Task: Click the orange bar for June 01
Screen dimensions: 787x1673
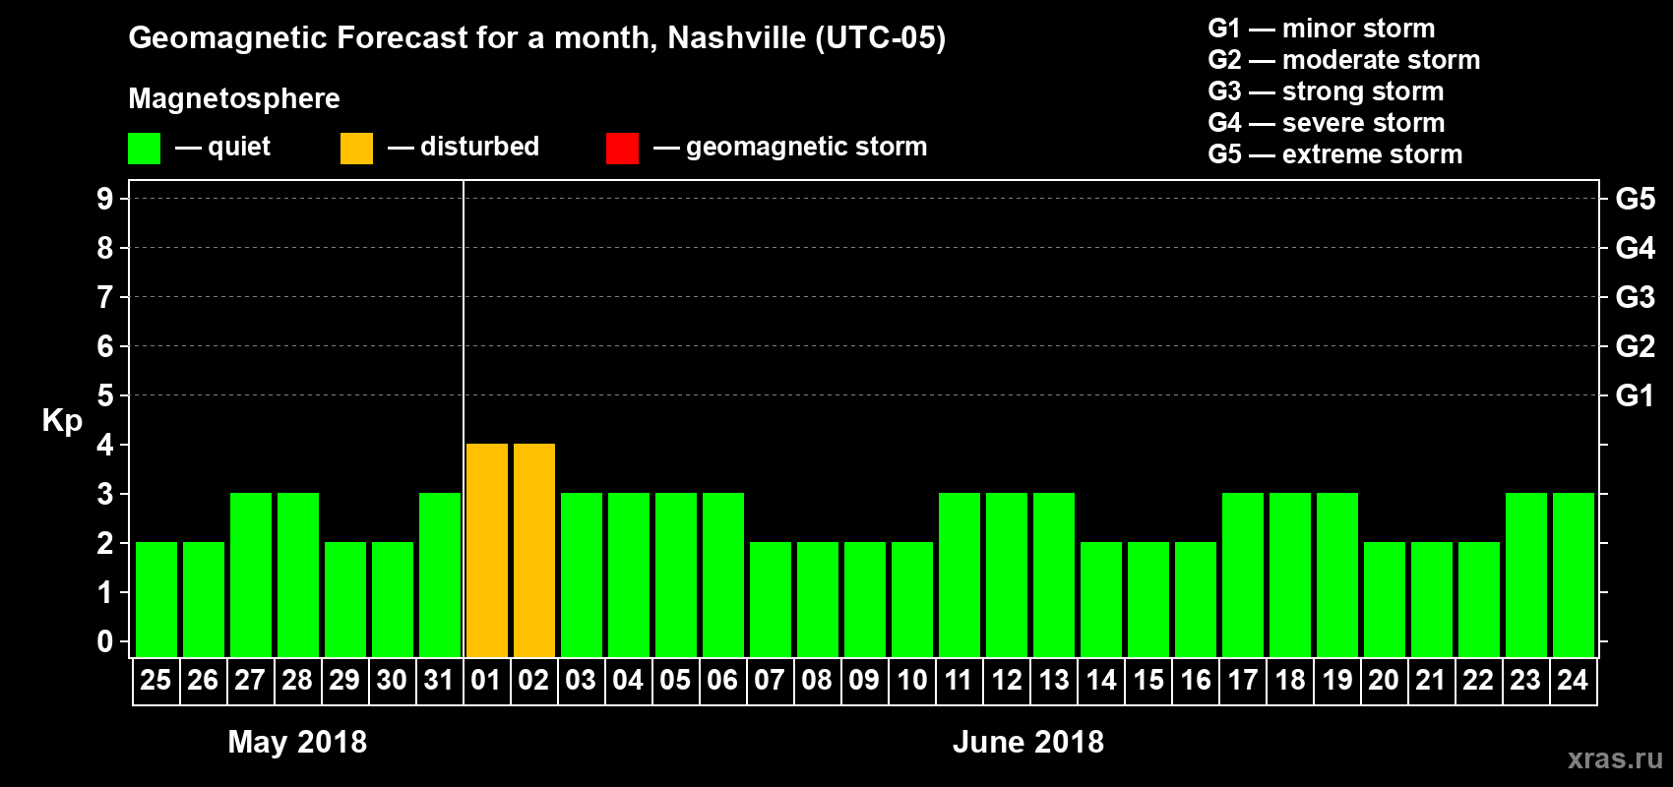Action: point(487,550)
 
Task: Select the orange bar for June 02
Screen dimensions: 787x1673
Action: point(534,550)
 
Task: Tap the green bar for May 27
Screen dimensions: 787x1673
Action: point(251,575)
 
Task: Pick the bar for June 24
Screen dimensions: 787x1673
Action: point(1574,575)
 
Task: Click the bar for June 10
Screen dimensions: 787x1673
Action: point(912,599)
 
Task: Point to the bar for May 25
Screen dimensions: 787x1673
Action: point(156,599)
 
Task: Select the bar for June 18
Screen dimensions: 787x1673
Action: point(1290,575)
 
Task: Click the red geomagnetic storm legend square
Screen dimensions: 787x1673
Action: point(622,149)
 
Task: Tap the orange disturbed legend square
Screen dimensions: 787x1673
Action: point(356,149)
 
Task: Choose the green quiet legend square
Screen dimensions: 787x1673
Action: point(144,149)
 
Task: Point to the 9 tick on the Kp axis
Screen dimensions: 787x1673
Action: point(105,199)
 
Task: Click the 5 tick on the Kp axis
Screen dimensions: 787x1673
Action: point(105,395)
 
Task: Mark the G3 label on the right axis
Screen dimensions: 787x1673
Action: point(1635,297)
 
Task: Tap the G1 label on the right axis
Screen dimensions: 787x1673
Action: point(1635,395)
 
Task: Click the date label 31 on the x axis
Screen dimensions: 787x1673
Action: point(439,680)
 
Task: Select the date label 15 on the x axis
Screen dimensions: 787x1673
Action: point(1148,680)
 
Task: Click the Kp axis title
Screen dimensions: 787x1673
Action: point(62,420)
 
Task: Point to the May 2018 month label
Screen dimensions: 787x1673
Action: point(297,742)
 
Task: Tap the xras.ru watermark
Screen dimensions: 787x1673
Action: point(1615,757)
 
